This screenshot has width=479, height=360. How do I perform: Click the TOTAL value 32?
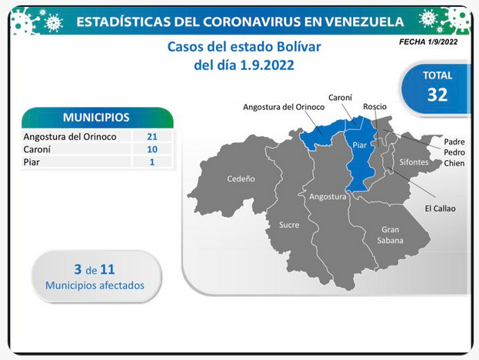(x=437, y=95)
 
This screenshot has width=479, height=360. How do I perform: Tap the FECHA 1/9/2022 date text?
(x=428, y=42)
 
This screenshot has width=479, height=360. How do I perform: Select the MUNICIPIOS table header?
(x=97, y=118)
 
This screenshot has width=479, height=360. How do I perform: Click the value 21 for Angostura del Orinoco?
(x=151, y=136)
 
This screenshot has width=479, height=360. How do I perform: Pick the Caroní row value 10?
(x=151, y=149)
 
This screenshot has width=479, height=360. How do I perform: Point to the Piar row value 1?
(x=151, y=162)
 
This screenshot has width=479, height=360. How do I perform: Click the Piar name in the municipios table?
(x=32, y=162)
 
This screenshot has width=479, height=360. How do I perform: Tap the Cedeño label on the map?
(x=241, y=178)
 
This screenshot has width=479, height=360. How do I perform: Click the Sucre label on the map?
(x=289, y=225)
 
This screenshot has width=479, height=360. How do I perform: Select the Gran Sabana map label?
(x=390, y=235)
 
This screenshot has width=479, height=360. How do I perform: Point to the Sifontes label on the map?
(x=414, y=162)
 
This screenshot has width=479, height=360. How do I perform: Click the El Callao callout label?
(x=441, y=208)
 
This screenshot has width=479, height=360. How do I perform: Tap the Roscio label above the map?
(x=375, y=107)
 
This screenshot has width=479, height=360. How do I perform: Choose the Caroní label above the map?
(x=340, y=98)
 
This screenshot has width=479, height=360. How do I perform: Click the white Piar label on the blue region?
(x=360, y=145)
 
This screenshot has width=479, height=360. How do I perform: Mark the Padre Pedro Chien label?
(x=454, y=152)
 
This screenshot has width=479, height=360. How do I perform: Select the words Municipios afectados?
(x=95, y=285)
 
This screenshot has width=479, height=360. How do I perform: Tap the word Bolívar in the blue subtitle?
(x=299, y=47)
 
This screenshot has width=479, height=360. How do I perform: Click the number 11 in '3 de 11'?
(x=108, y=269)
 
